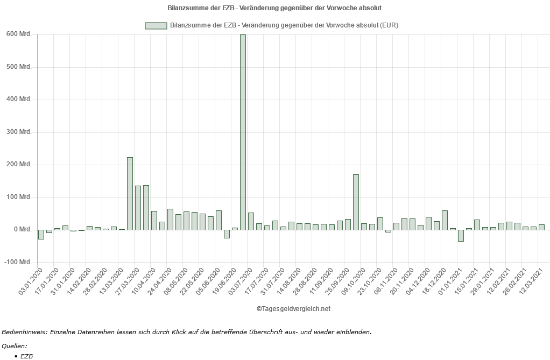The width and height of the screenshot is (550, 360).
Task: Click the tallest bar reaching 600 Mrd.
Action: point(243,132)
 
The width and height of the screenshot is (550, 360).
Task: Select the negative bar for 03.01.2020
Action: point(41,234)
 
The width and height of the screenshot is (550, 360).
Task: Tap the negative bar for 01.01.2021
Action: point(461,235)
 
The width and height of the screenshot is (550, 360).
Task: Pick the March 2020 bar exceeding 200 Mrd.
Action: point(130,193)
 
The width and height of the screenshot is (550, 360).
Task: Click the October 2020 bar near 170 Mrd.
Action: point(356,202)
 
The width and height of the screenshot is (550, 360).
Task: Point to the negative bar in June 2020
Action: point(227,234)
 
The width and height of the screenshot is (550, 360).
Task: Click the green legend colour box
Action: point(156,25)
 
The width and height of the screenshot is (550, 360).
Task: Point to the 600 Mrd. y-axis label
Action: point(19,34)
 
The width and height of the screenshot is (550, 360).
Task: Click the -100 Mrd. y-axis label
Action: point(18,262)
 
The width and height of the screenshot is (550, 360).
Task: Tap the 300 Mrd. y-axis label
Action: point(19,132)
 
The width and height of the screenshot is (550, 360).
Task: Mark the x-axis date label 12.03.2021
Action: point(531,281)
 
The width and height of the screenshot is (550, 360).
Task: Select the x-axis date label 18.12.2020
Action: point(434,281)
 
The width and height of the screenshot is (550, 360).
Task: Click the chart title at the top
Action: point(275,8)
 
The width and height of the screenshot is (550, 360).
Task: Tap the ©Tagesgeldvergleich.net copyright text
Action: point(293,309)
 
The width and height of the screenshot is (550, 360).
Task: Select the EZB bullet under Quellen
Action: point(26,356)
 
